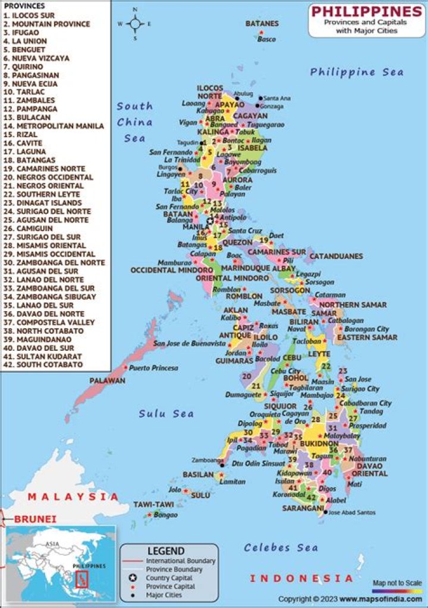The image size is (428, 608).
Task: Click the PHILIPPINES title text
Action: tap(366, 11)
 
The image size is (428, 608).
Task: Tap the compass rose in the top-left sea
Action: tap(135, 24)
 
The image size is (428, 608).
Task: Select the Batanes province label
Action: tap(262, 23)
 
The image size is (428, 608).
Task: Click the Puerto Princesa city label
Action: tap(153, 368)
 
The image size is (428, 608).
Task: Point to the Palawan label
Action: tap(108, 380)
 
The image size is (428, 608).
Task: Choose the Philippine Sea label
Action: tap(357, 72)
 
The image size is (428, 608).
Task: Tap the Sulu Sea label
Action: tap(166, 413)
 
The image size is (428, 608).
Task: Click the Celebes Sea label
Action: tap(281, 547)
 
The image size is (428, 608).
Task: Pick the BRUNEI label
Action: tap(36, 519)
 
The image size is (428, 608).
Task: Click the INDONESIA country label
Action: tap(301, 578)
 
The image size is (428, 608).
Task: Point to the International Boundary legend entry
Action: tap(180, 560)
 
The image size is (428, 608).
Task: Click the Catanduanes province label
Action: tap(336, 256)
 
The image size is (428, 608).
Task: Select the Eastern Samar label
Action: tap(367, 337)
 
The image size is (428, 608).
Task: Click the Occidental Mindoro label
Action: tap(163, 270)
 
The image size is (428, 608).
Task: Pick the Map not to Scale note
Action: tap(397, 583)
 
